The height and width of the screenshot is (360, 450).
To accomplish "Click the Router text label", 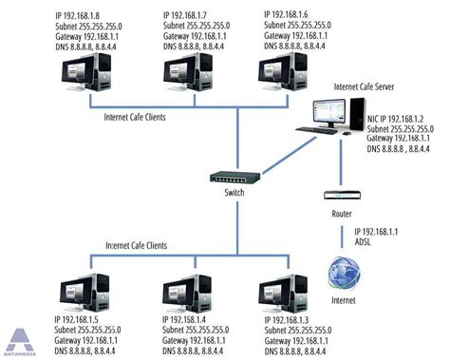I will (x=342, y=214).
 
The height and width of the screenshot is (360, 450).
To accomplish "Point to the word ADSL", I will (x=365, y=243).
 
